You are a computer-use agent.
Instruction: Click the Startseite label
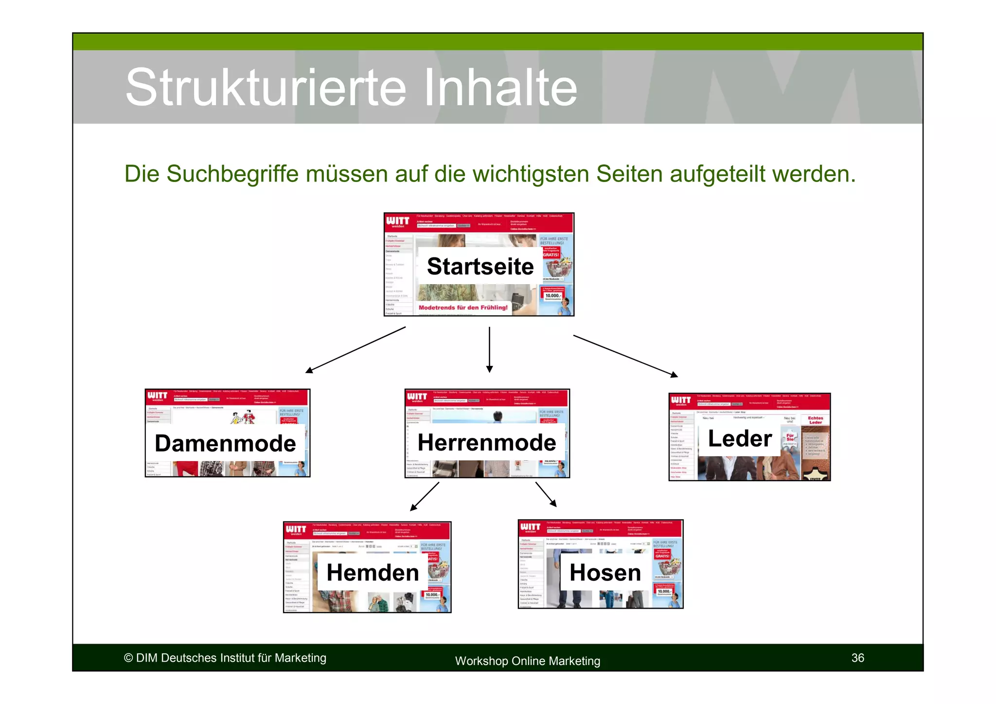pyautogui.click(x=480, y=266)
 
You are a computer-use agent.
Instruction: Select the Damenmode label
pyautogui.click(x=225, y=443)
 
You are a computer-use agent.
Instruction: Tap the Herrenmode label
pyautogui.click(x=486, y=442)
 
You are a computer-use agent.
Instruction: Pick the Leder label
pyautogui.click(x=739, y=438)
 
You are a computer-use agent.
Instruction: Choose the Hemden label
pyautogui.click(x=373, y=572)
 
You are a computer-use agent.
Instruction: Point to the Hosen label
pyautogui.click(x=605, y=572)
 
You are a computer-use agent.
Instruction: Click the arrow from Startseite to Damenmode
pyautogui.click(x=356, y=350)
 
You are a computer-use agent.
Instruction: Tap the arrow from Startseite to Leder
pyautogui.click(x=625, y=356)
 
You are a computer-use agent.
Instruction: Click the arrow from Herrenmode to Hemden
pyautogui.click(x=425, y=496)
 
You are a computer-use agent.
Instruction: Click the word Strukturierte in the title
pyautogui.click(x=266, y=88)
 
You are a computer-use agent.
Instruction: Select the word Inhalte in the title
pyautogui.click(x=500, y=88)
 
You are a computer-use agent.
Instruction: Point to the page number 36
pyautogui.click(x=857, y=658)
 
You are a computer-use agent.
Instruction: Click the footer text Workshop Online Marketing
pyautogui.click(x=527, y=661)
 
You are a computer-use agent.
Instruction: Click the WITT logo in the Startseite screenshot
pyautogui.click(x=398, y=222)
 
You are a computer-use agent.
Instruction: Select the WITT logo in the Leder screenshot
pyautogui.click(x=681, y=400)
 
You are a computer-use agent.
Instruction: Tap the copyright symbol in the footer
pyautogui.click(x=128, y=658)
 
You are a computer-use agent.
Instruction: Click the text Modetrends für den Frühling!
pyautogui.click(x=463, y=307)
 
